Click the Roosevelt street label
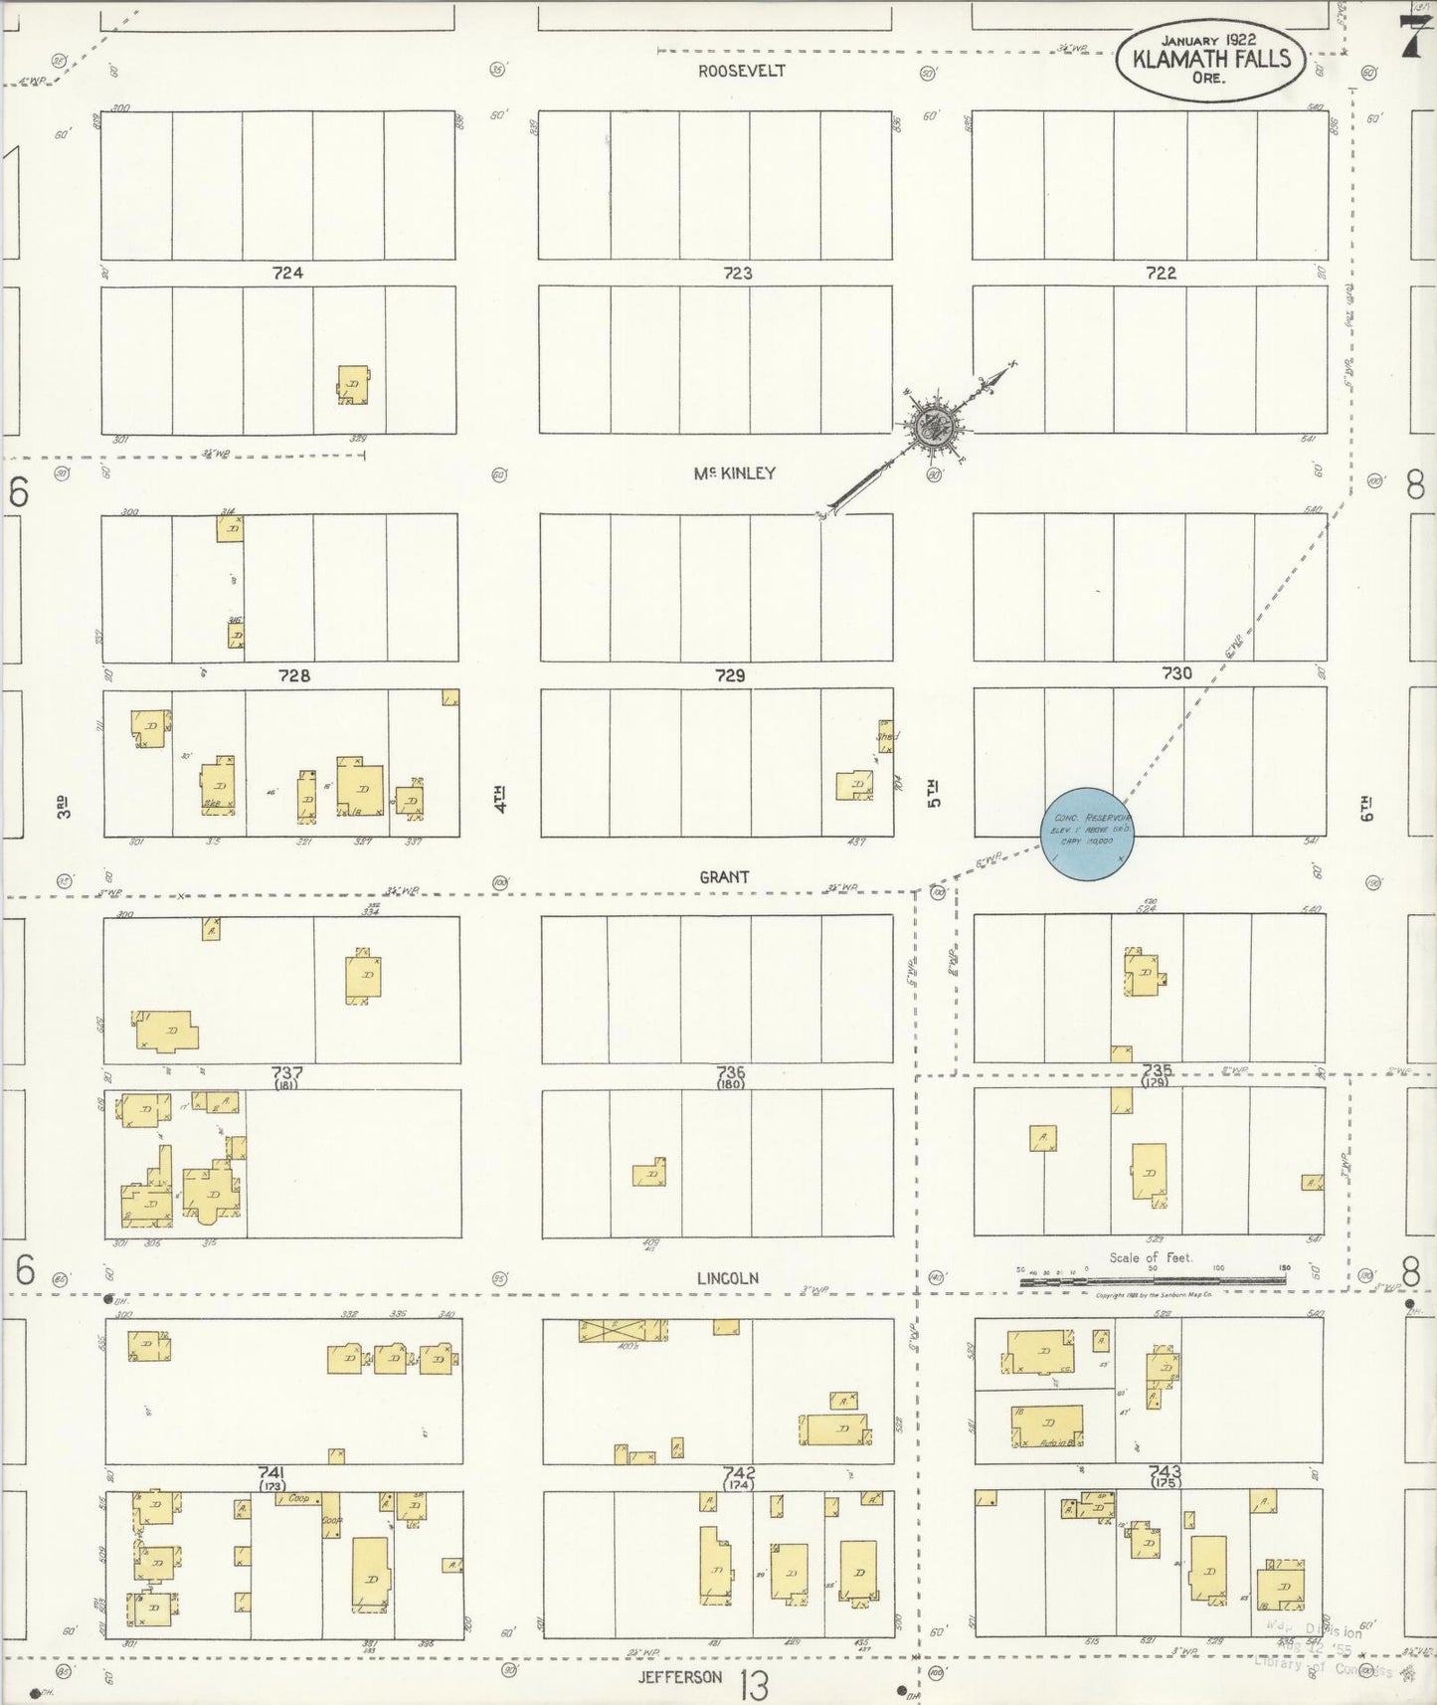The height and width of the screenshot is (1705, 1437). click(742, 71)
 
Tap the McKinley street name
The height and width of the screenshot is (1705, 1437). click(735, 474)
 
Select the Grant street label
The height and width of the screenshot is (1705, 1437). click(724, 876)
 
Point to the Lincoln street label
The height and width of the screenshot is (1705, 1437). click(728, 1278)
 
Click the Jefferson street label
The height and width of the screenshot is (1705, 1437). click(681, 1677)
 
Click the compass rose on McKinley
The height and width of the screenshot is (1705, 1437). click(933, 428)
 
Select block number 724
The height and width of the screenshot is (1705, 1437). click(287, 273)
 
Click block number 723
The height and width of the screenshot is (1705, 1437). click(738, 273)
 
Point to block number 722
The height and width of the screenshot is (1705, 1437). click(1162, 273)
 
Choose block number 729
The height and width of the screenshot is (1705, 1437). click(730, 675)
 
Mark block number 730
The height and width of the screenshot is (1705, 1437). click(1176, 673)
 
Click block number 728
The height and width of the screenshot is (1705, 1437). click(293, 675)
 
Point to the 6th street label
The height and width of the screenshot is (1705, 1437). click(1367, 808)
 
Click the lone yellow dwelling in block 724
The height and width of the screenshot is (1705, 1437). click(353, 385)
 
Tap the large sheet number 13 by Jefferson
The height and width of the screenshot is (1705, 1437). click(754, 1684)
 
